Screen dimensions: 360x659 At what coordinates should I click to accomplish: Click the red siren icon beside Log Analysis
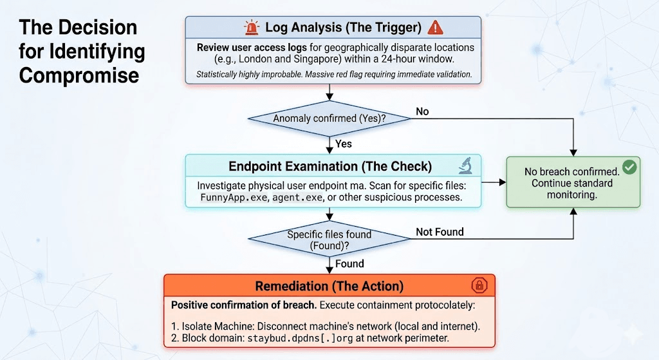pyautogui.click(x=251, y=27)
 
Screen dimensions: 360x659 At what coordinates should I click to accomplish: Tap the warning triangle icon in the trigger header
pyautogui.click(x=436, y=27)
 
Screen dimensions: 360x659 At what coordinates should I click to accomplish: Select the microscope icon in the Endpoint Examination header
pyautogui.click(x=465, y=166)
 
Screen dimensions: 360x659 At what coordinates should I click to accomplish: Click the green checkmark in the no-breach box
pyautogui.click(x=629, y=168)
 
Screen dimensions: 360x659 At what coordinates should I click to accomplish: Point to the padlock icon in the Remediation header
pyautogui.click(x=478, y=285)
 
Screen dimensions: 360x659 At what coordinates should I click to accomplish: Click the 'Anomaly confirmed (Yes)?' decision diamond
pyautogui.click(x=329, y=118)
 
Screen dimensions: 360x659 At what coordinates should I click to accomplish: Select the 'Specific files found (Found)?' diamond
pyautogui.click(x=329, y=240)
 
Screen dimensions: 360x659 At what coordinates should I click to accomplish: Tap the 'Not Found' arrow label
pyautogui.click(x=440, y=232)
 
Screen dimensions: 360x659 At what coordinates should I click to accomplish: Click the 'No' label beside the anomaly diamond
pyautogui.click(x=422, y=111)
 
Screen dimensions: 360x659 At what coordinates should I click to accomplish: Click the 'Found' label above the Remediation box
pyautogui.click(x=349, y=263)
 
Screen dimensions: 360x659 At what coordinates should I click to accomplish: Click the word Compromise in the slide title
pyautogui.click(x=79, y=75)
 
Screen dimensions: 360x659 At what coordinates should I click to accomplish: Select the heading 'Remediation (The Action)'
pyautogui.click(x=329, y=286)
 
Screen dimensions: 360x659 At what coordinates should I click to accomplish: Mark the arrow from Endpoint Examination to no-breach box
pyautogui.click(x=494, y=183)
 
